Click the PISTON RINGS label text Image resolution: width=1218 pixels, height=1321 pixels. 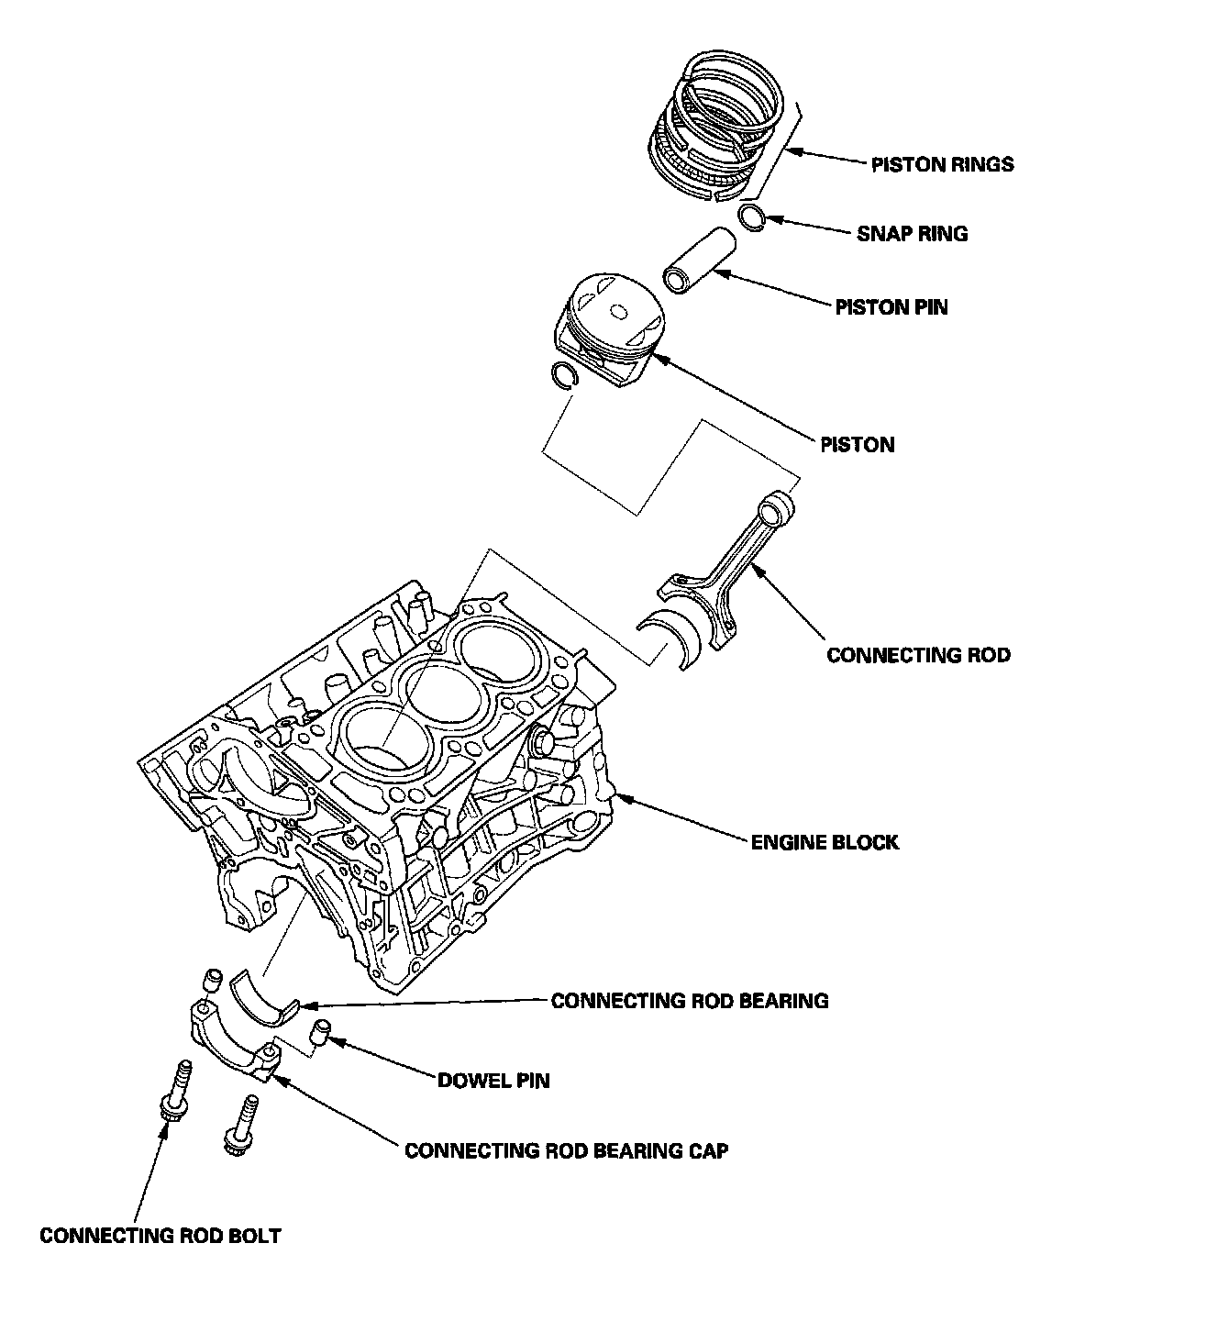pos(942,165)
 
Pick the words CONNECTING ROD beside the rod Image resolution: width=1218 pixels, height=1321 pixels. pos(918,655)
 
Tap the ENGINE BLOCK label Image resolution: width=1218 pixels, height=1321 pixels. pos(825,842)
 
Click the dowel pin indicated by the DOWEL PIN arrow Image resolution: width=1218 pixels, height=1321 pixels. pos(321,1030)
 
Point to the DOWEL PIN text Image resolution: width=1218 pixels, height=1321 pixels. pos(493,1081)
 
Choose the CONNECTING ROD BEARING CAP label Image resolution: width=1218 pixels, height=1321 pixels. pos(567,1150)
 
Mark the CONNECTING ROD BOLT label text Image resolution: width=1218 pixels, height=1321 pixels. pos(160,1236)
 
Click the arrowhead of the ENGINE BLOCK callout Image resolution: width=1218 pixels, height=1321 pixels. pos(617,795)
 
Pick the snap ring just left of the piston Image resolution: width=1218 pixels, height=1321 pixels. pos(560,373)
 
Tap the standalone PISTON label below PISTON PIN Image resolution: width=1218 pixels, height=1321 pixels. pos(857,445)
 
